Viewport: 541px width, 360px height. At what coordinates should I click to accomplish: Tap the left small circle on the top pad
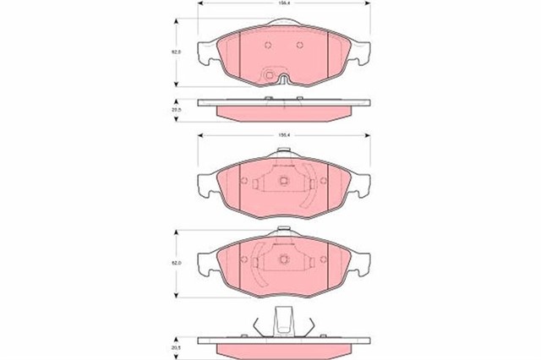(267, 46)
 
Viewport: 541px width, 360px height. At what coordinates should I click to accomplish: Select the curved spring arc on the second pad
(314, 183)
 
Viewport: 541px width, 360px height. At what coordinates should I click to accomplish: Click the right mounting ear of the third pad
(361, 262)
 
